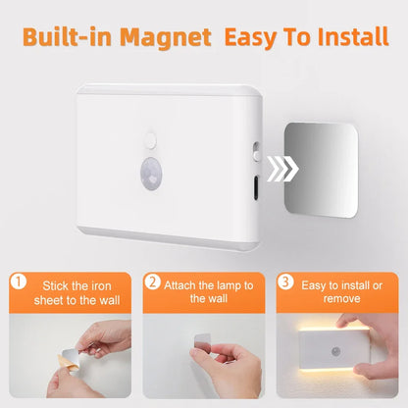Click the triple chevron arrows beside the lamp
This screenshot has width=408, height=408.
point(281,169)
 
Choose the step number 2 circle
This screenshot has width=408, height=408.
point(152,282)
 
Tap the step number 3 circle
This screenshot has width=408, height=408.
point(285,282)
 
